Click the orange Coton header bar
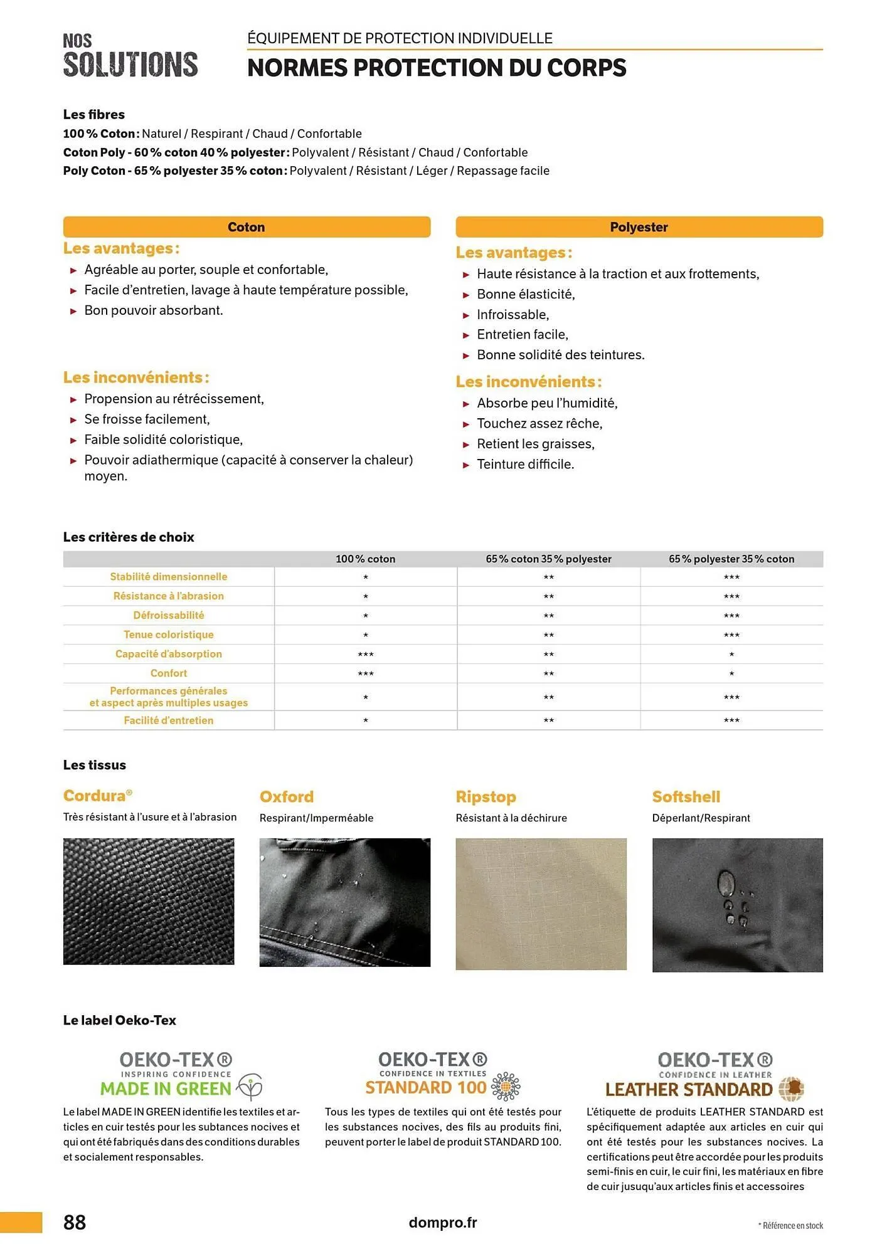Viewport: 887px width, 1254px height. click(247, 227)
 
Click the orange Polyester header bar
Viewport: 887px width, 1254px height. click(639, 227)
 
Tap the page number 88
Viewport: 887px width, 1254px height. click(75, 1222)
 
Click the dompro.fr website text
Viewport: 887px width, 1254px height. click(443, 1222)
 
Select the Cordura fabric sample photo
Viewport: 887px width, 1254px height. click(149, 901)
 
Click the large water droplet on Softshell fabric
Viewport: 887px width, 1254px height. click(726, 883)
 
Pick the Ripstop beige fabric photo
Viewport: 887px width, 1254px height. click(541, 904)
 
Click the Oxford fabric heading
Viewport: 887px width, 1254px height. click(287, 796)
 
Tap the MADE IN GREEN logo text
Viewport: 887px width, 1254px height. click(166, 1088)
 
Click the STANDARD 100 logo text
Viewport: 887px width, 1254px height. click(426, 1087)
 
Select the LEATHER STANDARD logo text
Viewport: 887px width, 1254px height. click(689, 1089)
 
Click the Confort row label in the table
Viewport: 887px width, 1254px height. click(169, 673)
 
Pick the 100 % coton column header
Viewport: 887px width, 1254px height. click(365, 559)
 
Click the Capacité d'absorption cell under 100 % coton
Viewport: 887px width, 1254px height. click(365, 654)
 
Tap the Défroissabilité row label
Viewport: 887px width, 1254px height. click(169, 615)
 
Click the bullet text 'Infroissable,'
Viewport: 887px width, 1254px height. click(513, 314)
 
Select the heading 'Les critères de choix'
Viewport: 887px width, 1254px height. click(129, 537)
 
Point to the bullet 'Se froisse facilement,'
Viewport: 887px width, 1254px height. click(147, 419)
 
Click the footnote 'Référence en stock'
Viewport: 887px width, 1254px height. click(792, 1225)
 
